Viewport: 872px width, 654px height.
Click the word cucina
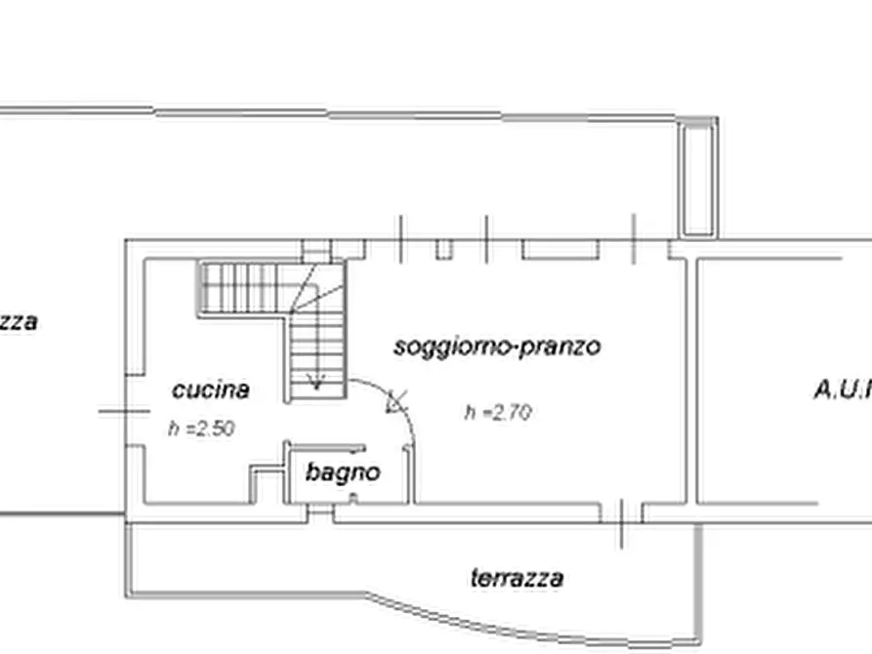(x=210, y=390)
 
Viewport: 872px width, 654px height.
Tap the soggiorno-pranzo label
(x=497, y=347)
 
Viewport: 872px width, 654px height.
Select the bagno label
(x=342, y=473)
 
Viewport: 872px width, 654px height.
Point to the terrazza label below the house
(x=517, y=578)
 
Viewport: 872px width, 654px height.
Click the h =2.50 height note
(x=200, y=428)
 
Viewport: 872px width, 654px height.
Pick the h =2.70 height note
(x=498, y=413)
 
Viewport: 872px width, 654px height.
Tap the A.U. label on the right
(x=842, y=390)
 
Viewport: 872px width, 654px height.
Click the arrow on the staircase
(x=316, y=381)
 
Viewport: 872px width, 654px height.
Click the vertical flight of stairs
(x=317, y=342)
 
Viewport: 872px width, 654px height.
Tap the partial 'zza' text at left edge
(x=18, y=322)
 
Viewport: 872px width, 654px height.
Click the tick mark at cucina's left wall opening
(x=123, y=411)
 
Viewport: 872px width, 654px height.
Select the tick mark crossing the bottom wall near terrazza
(x=621, y=522)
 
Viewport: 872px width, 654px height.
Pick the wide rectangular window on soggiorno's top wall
(x=560, y=250)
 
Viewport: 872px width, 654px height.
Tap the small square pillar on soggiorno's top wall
(x=444, y=249)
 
